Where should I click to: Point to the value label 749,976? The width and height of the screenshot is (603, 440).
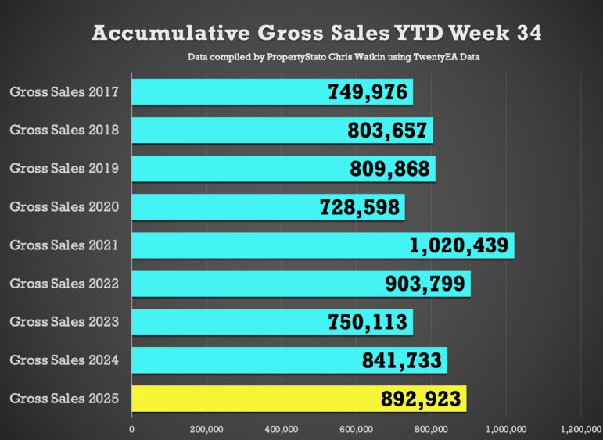(368, 92)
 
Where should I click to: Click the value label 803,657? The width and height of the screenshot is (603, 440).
(389, 131)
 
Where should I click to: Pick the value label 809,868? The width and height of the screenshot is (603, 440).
(390, 169)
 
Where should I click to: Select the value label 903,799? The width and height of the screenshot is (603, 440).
(427, 284)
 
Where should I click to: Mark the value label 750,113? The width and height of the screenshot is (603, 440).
(368, 322)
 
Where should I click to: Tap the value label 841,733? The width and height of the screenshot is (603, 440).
(403, 360)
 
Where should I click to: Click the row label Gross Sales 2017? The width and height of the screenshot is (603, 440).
(64, 92)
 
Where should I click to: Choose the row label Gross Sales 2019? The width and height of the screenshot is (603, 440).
(64, 169)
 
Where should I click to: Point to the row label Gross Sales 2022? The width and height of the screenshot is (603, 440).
(64, 284)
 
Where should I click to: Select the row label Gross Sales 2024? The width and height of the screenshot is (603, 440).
(64, 360)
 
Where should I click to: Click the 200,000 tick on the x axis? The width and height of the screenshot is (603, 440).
(206, 427)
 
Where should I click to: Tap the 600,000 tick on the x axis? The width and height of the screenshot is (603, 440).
(357, 427)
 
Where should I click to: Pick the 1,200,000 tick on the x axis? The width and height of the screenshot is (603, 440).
(580, 427)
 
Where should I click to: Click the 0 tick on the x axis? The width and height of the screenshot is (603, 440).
(131, 427)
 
